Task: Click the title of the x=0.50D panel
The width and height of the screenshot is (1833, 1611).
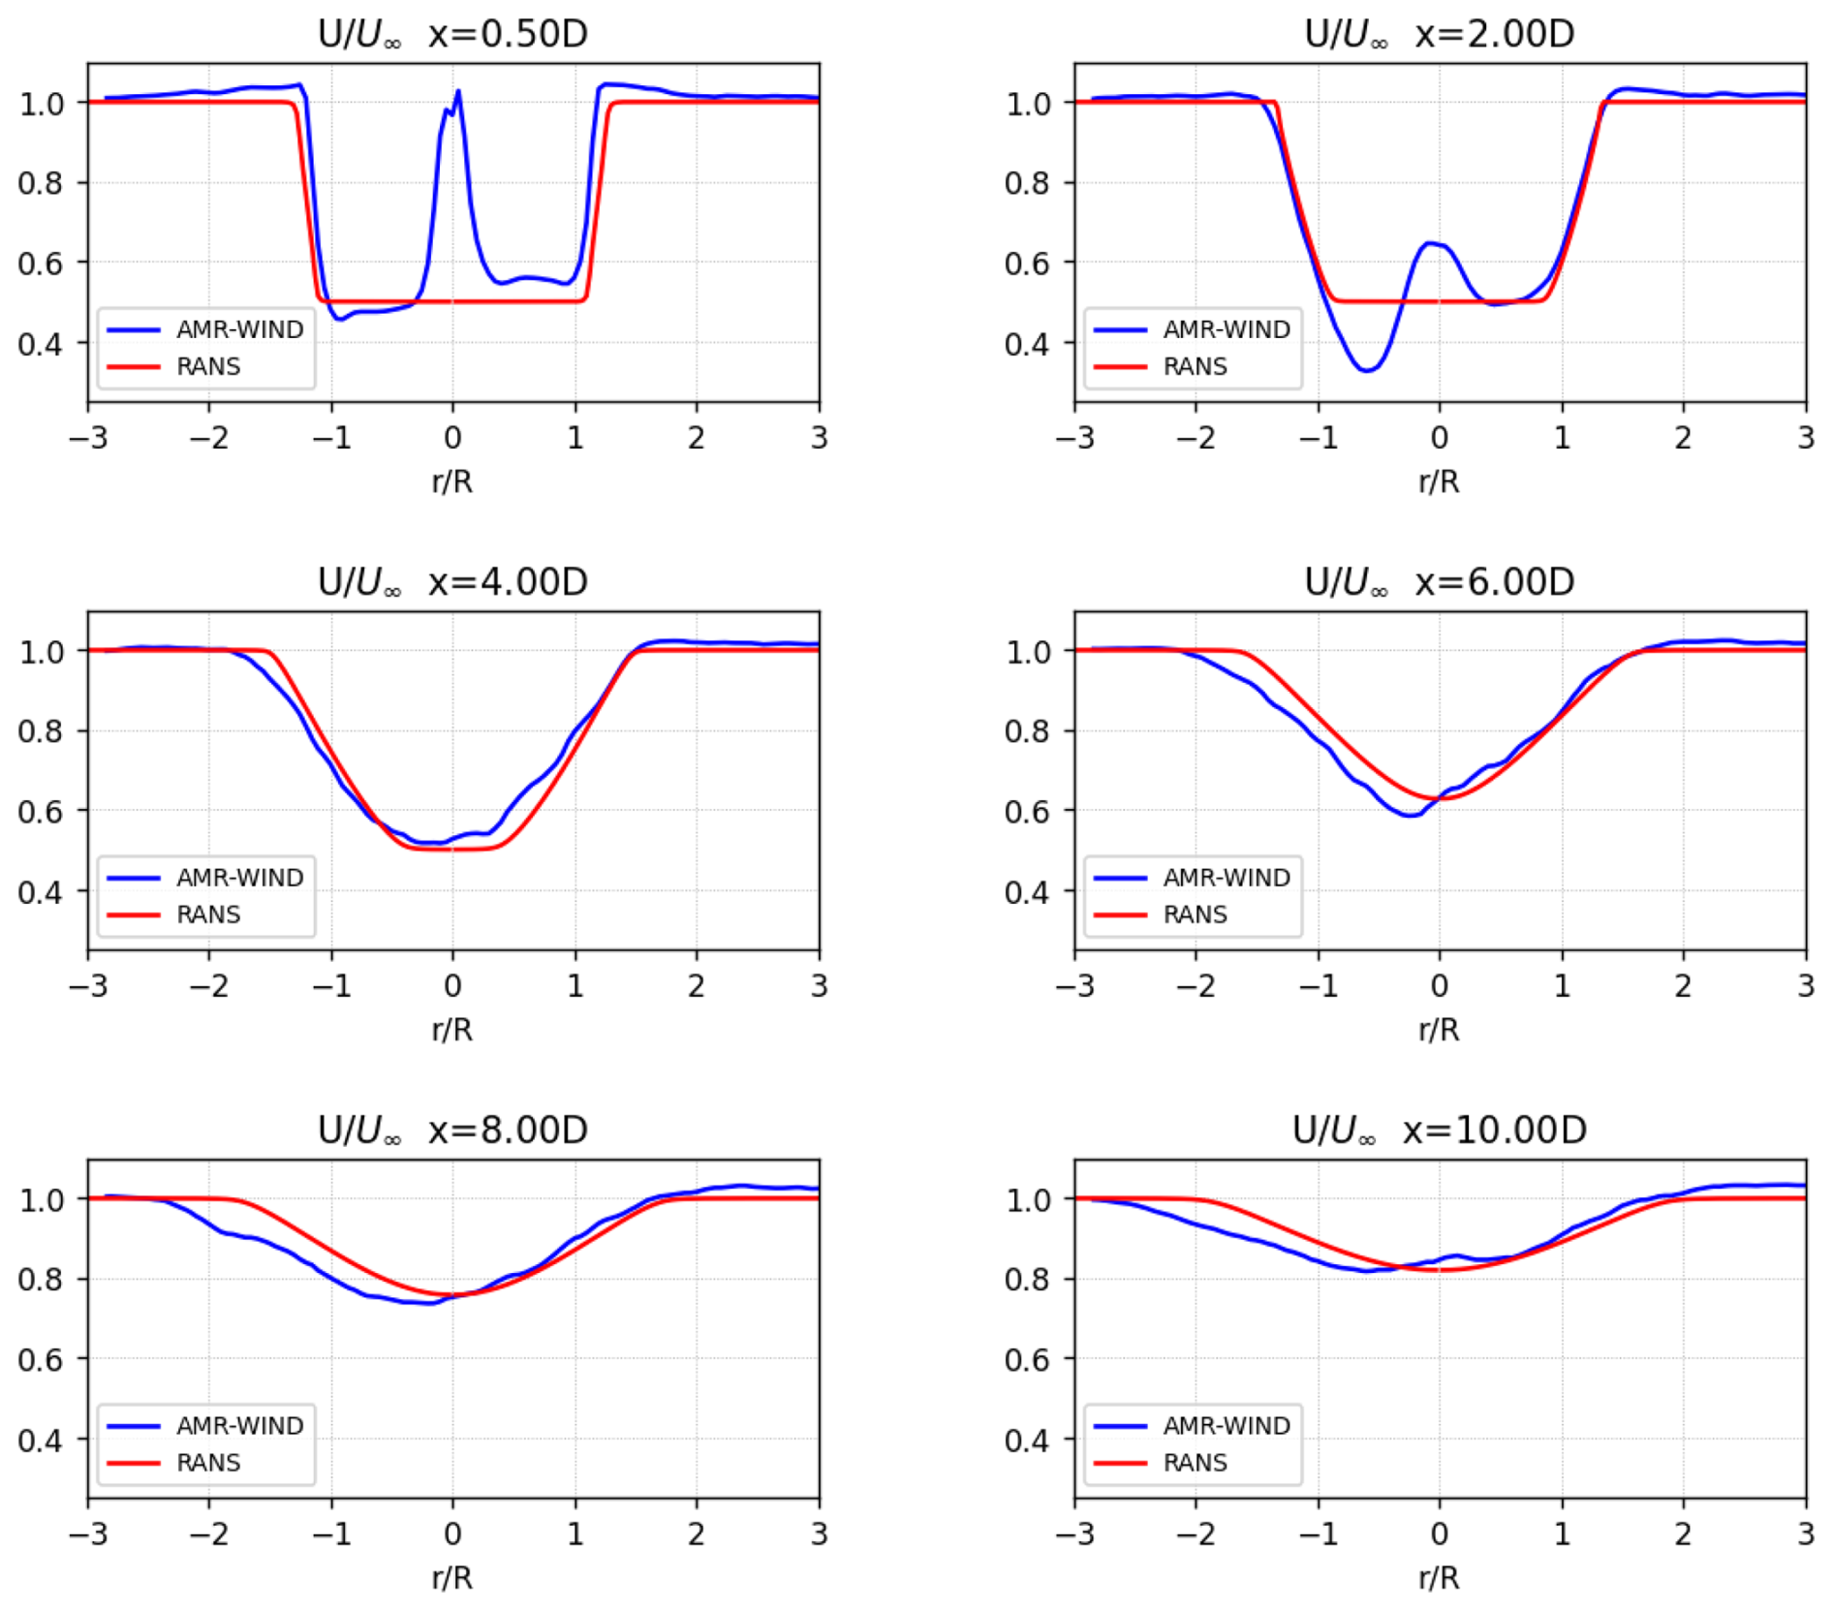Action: point(452,34)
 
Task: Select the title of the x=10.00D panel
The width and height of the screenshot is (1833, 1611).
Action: point(1439,1130)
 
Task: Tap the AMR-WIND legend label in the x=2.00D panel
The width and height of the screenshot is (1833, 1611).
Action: point(1227,329)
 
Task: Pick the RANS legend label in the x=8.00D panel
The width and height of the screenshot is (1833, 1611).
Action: point(208,1462)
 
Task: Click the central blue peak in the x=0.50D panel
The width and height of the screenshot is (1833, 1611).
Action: point(457,93)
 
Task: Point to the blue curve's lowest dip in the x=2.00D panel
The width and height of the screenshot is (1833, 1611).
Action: point(1366,369)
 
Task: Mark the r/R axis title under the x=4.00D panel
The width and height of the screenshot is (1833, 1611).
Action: point(452,1029)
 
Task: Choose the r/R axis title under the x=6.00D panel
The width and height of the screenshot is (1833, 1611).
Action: point(1439,1029)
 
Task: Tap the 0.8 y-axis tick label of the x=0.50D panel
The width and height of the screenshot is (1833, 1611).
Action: point(40,183)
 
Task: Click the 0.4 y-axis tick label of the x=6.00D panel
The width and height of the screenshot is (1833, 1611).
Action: point(1026,891)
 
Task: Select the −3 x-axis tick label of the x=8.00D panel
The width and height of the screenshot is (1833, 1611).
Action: point(88,1534)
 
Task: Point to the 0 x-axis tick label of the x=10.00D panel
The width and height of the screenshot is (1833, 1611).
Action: point(1440,1534)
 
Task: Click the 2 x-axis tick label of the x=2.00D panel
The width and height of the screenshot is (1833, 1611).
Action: point(1684,438)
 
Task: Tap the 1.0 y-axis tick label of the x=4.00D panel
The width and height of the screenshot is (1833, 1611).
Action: point(40,652)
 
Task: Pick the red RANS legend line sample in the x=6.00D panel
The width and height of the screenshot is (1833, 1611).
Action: point(1120,914)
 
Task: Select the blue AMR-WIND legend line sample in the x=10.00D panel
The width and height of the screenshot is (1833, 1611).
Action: point(1120,1426)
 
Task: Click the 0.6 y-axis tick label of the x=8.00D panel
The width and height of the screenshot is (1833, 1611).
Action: point(40,1360)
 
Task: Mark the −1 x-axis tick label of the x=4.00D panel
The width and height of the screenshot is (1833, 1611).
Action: point(331,986)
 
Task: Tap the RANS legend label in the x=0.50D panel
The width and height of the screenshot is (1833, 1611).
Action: point(208,366)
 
